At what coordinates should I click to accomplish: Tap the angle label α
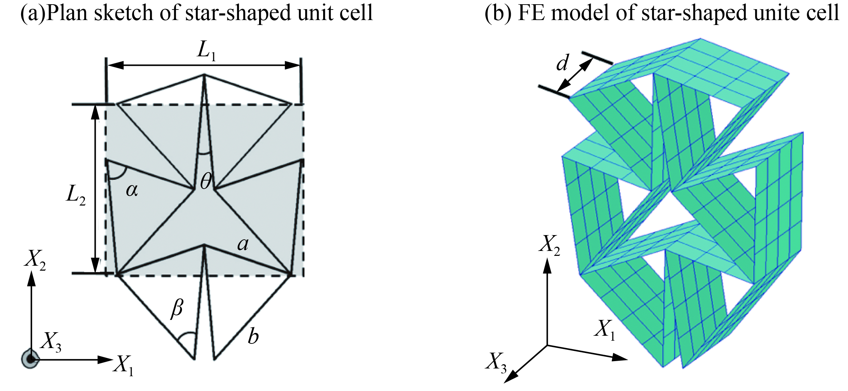(132, 190)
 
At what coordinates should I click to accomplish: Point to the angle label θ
(206, 182)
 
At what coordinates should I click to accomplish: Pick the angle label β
(177, 308)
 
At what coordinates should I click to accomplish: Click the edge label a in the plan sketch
(243, 244)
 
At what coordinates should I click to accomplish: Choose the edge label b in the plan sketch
(253, 336)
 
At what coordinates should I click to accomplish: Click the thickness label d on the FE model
(562, 63)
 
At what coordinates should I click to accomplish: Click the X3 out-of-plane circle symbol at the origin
(31, 359)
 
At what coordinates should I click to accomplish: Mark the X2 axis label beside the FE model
(549, 244)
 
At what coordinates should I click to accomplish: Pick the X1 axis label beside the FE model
(605, 330)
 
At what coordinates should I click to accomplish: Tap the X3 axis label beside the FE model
(496, 362)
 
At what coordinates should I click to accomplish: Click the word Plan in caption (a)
(67, 13)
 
